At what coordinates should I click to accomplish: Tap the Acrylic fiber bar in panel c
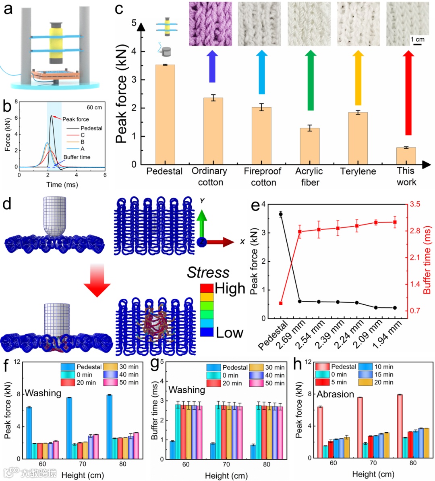(310, 146)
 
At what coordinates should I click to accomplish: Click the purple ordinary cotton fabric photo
(210, 24)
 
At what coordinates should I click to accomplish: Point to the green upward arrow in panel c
(310, 81)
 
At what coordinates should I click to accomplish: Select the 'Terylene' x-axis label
(358, 171)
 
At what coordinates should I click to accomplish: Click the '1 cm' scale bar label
(417, 39)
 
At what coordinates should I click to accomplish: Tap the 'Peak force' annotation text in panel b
(76, 119)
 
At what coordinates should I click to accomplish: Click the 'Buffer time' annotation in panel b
(77, 157)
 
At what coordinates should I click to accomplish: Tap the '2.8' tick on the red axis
(415, 231)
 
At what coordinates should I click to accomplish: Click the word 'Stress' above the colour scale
(208, 273)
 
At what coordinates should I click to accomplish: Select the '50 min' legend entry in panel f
(128, 382)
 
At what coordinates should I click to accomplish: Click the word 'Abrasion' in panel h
(335, 394)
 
